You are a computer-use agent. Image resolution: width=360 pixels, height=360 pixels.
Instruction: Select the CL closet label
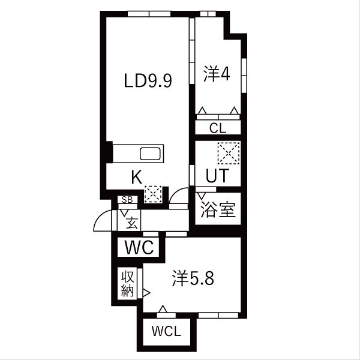pos(218,128)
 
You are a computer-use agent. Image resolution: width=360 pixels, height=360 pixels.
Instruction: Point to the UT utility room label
pos(217,175)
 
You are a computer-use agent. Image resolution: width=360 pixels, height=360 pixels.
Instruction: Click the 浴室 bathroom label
pos(217,211)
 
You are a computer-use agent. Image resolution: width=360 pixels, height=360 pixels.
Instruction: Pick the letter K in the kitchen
pos(136,176)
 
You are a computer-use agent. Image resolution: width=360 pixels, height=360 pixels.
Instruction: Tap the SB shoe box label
pos(127,200)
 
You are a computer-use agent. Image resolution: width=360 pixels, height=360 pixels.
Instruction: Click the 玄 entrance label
pos(131,223)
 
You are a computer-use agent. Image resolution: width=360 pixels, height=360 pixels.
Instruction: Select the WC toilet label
pos(140,247)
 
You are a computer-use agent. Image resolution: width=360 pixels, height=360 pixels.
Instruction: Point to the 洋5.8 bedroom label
pos(193,279)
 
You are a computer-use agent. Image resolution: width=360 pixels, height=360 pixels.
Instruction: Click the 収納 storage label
pos(128,284)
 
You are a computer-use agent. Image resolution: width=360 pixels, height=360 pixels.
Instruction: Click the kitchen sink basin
pos(150,154)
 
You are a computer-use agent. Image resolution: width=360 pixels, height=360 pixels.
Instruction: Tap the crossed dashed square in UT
pos(228,152)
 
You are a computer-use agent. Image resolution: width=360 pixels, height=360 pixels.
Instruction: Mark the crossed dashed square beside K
pos(153,193)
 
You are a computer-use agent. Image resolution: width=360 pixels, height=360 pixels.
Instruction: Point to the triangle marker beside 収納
pos(145,293)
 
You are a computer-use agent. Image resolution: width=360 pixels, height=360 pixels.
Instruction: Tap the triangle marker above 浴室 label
pos(202,194)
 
